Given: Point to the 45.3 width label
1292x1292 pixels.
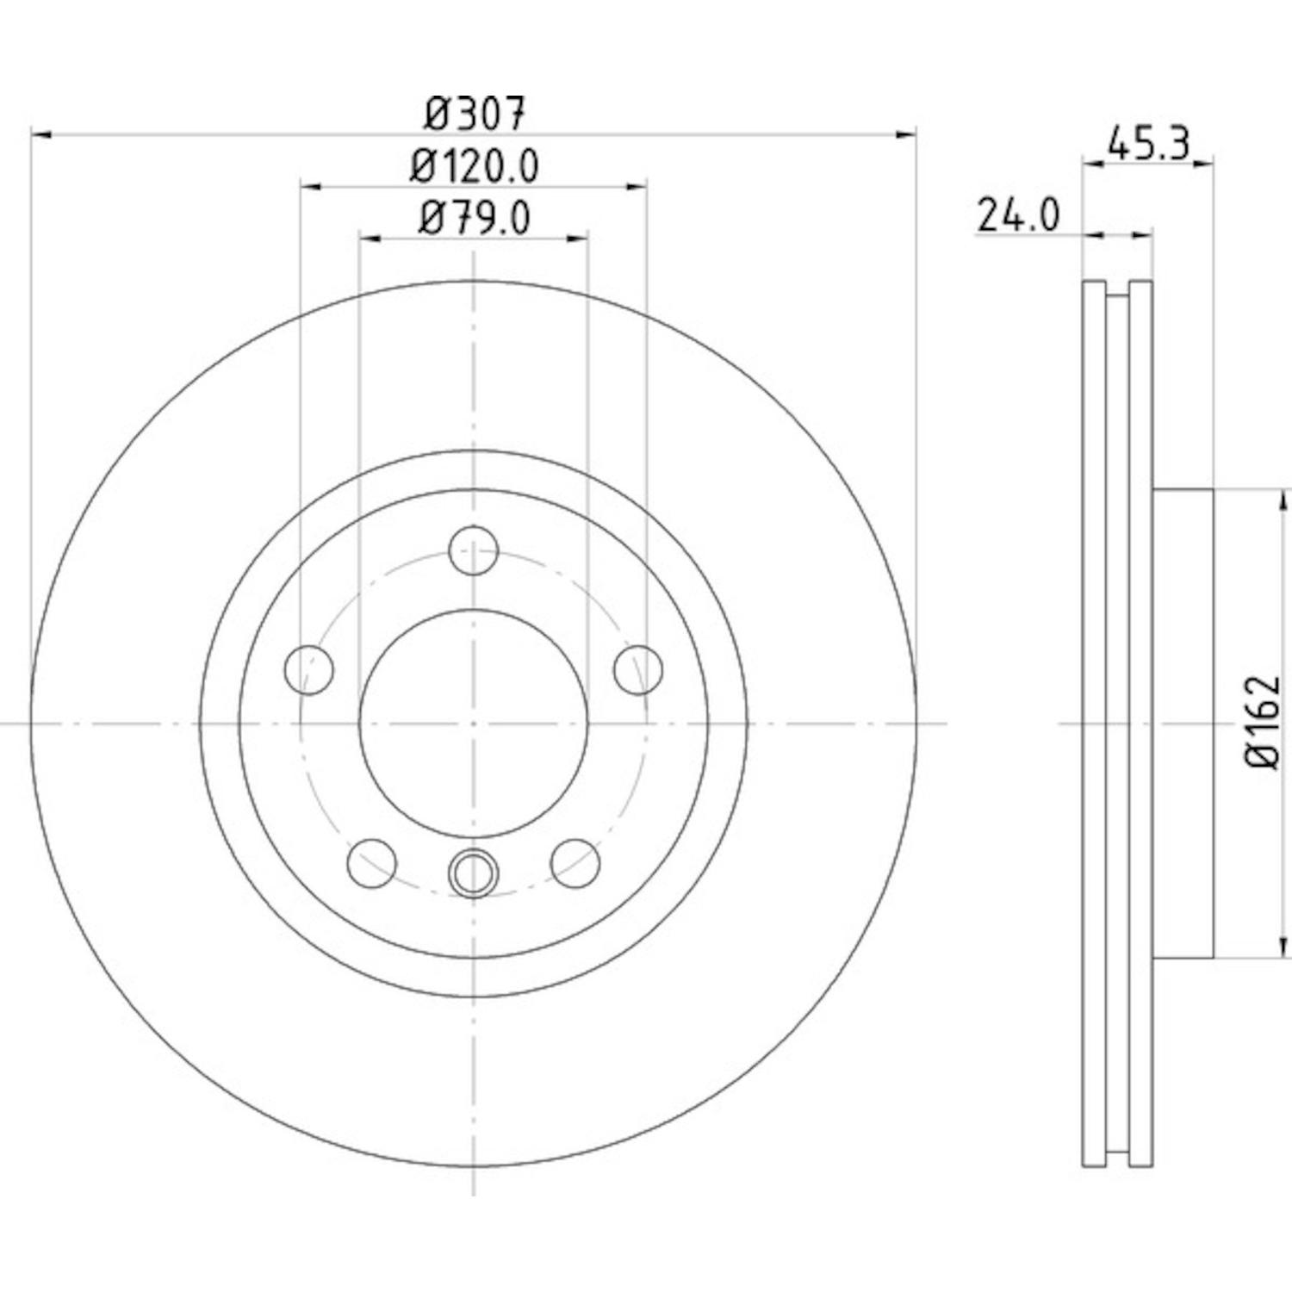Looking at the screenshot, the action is (x=1148, y=143).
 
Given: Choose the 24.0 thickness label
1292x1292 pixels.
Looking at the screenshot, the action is (x=1017, y=215).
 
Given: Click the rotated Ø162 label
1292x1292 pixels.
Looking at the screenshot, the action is (x=1263, y=724).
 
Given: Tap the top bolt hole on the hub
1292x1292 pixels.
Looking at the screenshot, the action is (x=475, y=550).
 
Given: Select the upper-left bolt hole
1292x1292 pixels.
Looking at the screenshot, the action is (x=308, y=669).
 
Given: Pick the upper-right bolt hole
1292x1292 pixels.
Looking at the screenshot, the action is (x=639, y=669).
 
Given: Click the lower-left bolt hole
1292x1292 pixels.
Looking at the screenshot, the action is (x=372, y=863).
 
